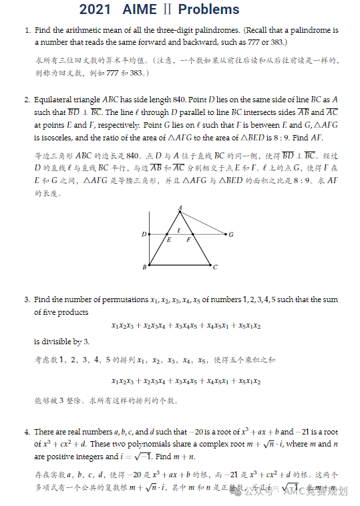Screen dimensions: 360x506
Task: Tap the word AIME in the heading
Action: tap(141, 9)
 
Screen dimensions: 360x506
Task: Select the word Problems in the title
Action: tap(208, 9)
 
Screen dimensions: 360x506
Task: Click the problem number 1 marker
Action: tap(27, 30)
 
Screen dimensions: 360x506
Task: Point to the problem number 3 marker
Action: tap(27, 299)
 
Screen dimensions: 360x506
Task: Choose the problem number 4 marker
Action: tap(27, 432)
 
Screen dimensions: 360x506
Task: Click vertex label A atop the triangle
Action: tap(180, 208)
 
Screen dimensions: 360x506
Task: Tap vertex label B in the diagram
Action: tap(144, 267)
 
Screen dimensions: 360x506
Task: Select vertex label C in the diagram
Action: tap(215, 267)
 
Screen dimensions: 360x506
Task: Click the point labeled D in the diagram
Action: tap(144, 235)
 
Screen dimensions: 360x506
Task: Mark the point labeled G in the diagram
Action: tap(231, 235)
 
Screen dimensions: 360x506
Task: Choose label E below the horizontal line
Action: tap(169, 239)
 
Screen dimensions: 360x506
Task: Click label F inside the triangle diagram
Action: tap(189, 239)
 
